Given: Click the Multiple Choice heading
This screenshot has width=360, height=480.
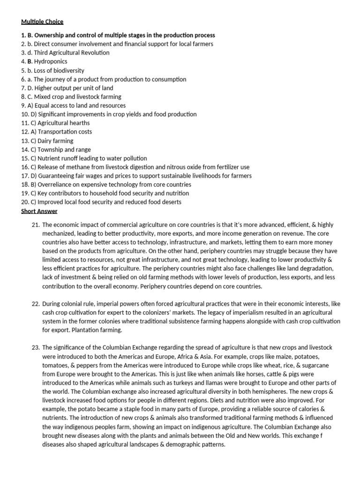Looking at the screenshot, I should point(42,22).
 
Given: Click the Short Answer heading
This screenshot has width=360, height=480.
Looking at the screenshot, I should point(39,211).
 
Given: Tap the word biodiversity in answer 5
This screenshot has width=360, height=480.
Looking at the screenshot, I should point(68,70).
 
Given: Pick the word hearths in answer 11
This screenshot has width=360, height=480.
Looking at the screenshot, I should point(77,123).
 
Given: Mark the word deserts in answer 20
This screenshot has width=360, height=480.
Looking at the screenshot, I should point(171,202).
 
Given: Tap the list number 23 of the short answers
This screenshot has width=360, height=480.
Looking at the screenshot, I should point(36,347).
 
